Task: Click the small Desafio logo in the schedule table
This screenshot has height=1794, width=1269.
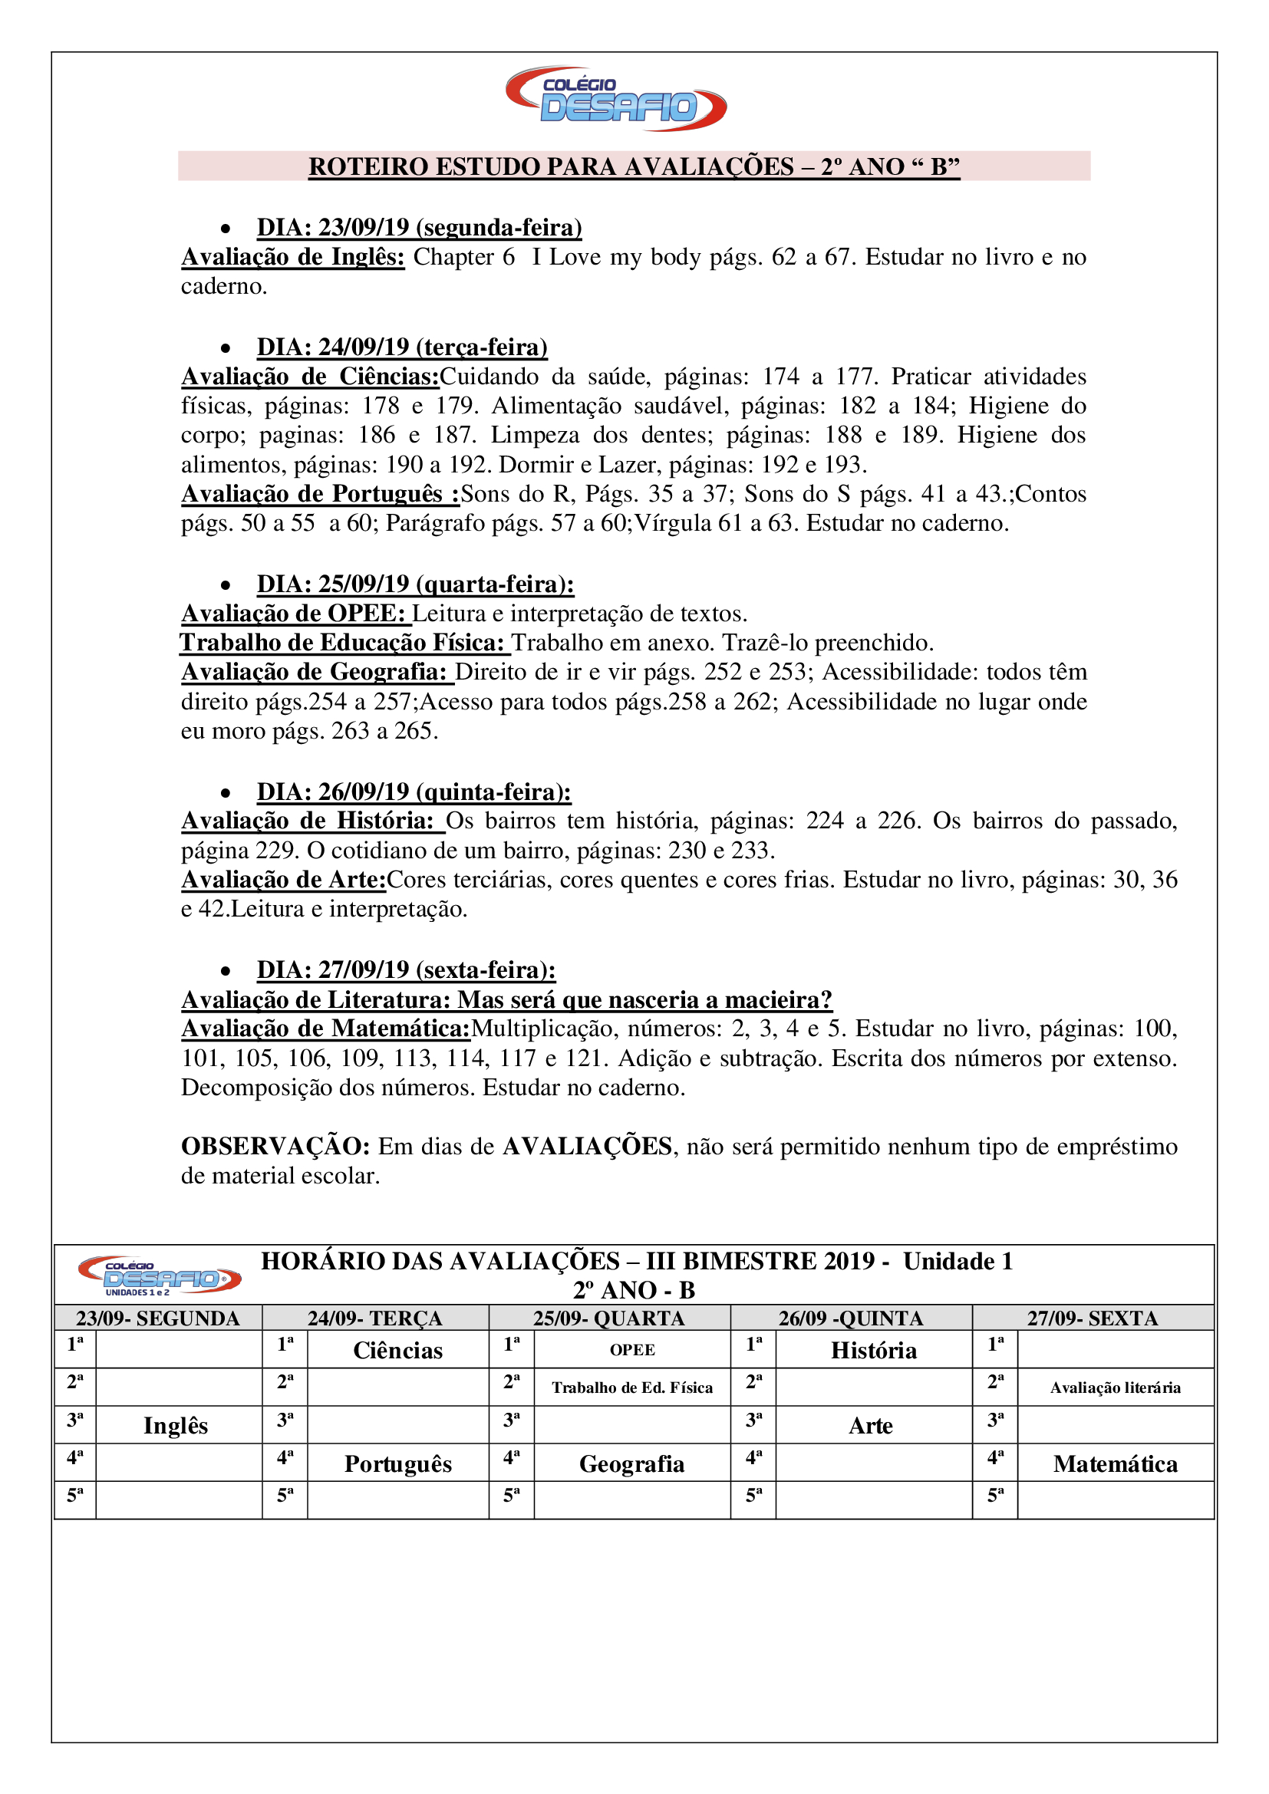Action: point(159,1276)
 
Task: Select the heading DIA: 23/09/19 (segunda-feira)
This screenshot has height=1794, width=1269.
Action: point(419,227)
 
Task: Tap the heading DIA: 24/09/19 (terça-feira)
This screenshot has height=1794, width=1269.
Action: point(401,347)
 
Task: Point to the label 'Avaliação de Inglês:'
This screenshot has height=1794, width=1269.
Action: point(293,257)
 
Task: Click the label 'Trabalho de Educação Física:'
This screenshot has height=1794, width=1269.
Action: point(344,642)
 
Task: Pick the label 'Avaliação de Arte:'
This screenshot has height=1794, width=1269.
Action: point(284,880)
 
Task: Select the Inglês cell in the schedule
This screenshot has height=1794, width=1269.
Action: point(176,1425)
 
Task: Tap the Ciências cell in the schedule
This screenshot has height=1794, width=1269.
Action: point(397,1350)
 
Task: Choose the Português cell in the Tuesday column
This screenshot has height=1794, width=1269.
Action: point(397,1463)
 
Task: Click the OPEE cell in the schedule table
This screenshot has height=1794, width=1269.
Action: point(632,1350)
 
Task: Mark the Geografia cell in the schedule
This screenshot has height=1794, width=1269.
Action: point(631,1463)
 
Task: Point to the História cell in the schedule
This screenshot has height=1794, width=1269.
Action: point(874,1350)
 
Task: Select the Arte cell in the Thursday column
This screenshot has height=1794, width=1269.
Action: point(871,1425)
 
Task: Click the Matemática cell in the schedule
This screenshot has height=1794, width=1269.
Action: point(1115,1463)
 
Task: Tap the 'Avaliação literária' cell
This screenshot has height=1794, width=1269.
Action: point(1115,1387)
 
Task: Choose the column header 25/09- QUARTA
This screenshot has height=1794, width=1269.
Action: point(608,1318)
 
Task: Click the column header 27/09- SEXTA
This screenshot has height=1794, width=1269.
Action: point(1093,1318)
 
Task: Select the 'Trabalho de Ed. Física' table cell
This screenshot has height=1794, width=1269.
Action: point(632,1387)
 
